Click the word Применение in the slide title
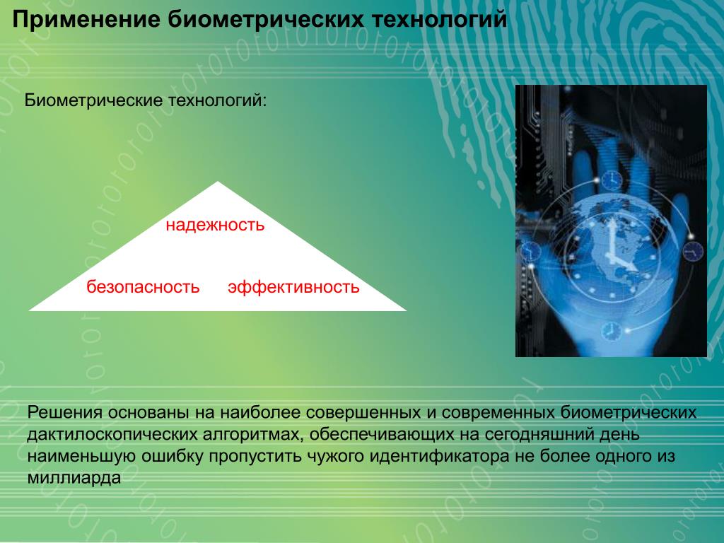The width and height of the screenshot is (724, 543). point(86,21)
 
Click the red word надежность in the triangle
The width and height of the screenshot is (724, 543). point(215,226)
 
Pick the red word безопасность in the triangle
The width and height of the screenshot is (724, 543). point(143,287)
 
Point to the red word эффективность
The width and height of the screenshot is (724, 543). point(293,287)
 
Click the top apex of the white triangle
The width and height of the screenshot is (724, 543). point(218,182)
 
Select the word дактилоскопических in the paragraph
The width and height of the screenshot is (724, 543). point(112,435)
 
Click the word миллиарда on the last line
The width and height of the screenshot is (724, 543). point(74,477)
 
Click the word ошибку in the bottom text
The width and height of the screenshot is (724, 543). point(172,456)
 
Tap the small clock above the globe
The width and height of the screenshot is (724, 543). point(611,180)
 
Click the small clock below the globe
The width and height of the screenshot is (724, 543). point(610,331)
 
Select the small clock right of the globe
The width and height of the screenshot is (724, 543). point(693,252)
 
